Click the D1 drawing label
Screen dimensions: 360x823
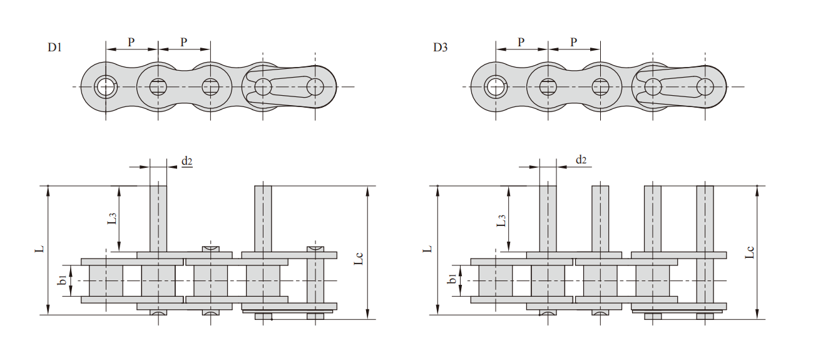tap(54, 48)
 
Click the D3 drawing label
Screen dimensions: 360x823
tap(440, 48)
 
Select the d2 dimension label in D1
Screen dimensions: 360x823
tap(187, 161)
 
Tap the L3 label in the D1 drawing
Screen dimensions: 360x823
tap(112, 219)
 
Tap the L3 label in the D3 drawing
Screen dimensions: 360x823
tap(502, 220)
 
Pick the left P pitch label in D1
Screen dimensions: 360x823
tap(131, 42)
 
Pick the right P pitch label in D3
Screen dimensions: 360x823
tap(574, 42)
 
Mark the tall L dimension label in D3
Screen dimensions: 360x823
tap(429, 249)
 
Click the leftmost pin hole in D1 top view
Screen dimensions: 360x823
tap(106, 86)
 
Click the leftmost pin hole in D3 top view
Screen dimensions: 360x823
tap(496, 86)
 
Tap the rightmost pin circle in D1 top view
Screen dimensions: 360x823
tap(315, 86)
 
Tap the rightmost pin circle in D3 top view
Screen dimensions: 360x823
tap(705, 86)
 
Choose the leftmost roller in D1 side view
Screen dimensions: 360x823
tap(106, 281)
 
